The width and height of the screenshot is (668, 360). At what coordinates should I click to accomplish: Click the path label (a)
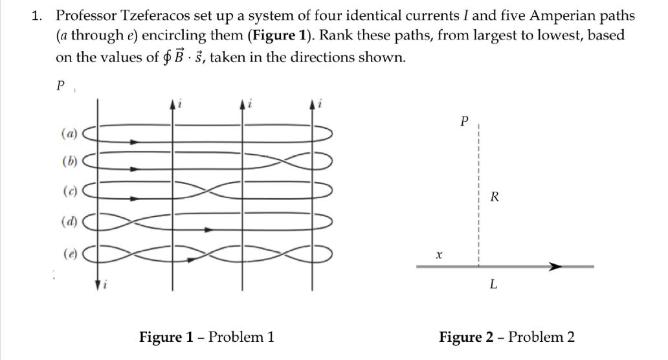68,135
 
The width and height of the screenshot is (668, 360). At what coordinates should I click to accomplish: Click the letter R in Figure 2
495,197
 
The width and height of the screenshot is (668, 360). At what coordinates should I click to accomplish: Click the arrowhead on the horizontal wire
555,266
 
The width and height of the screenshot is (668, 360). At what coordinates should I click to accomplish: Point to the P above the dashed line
463,121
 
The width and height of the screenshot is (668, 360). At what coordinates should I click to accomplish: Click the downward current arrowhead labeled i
98,284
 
